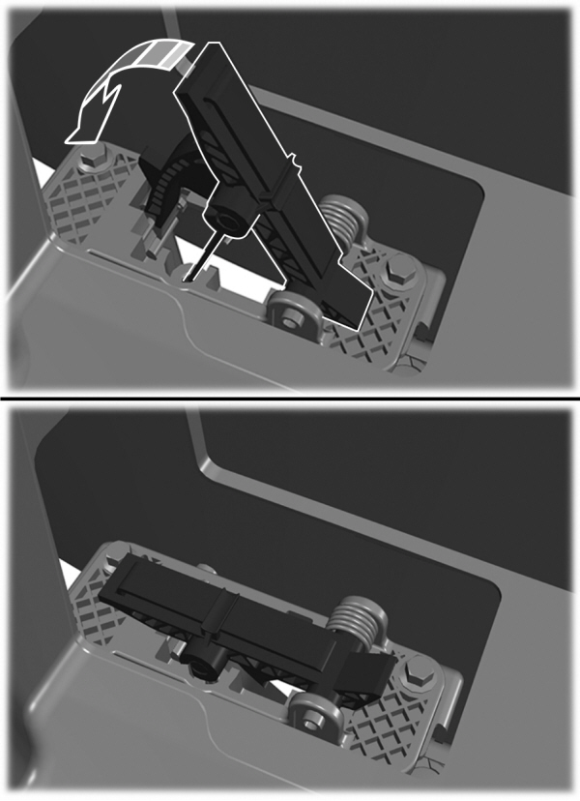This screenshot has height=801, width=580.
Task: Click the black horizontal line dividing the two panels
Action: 290,398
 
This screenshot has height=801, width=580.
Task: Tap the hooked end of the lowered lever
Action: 372,677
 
